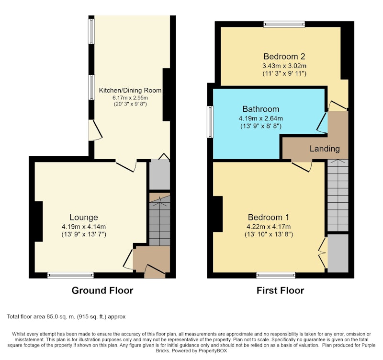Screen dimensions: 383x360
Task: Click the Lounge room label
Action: click(x=84, y=217)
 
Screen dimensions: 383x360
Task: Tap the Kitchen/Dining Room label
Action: click(x=130, y=90)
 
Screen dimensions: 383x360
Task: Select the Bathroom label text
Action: click(x=260, y=109)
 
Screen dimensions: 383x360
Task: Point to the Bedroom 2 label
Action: click(x=284, y=57)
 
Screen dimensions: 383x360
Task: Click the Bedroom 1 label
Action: click(x=269, y=217)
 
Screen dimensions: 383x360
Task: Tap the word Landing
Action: click(x=325, y=149)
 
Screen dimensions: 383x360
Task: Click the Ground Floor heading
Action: click(x=102, y=290)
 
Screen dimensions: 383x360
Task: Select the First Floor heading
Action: click(x=280, y=290)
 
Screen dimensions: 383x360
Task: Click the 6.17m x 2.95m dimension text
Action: click(x=130, y=98)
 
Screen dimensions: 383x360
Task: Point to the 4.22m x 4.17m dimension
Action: click(x=269, y=226)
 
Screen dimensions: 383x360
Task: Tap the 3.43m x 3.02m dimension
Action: click(x=284, y=66)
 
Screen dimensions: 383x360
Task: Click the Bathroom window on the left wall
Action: click(x=210, y=122)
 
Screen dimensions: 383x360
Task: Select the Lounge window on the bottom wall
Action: click(x=70, y=275)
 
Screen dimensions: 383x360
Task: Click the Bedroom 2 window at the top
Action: click(x=284, y=24)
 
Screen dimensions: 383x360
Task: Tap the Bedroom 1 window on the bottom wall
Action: click(x=276, y=275)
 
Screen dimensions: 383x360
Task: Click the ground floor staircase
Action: click(x=159, y=219)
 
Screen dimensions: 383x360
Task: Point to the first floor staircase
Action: click(x=338, y=195)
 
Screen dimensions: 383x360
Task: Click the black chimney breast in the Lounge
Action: click(x=39, y=221)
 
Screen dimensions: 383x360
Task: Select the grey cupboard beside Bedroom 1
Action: click(x=338, y=253)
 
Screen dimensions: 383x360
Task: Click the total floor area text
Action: click(x=66, y=317)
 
